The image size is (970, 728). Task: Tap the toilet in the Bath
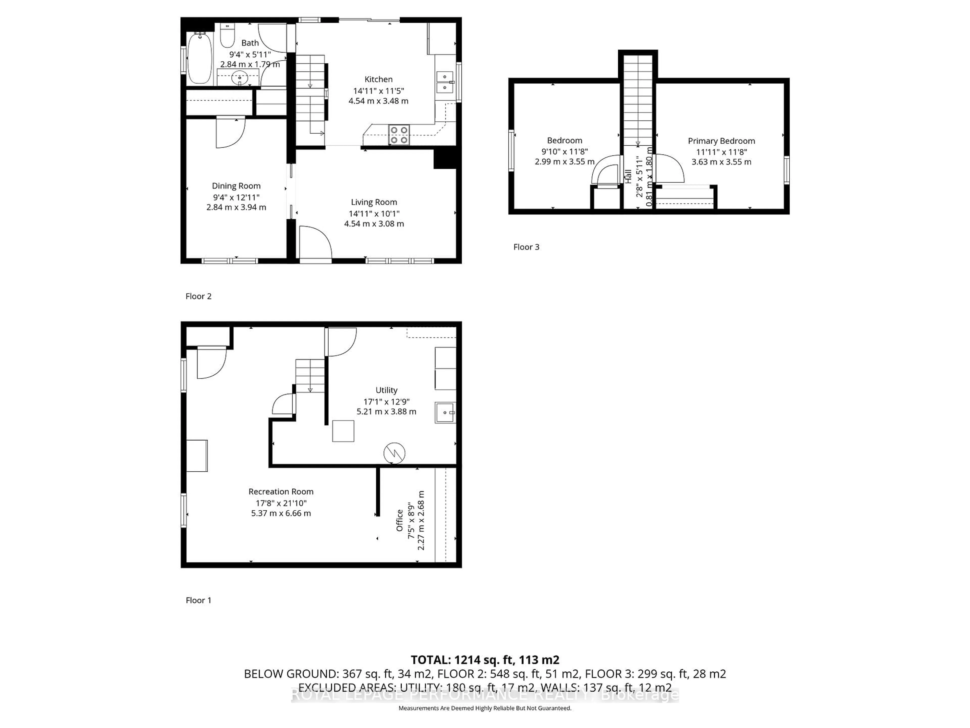(x=227, y=36)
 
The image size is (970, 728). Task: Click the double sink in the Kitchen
(x=445, y=82)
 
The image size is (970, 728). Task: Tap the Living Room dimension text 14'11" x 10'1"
(x=374, y=214)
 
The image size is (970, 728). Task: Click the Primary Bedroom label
(x=721, y=141)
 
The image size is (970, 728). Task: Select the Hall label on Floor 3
(x=628, y=176)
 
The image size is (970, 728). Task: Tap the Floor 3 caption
(x=526, y=247)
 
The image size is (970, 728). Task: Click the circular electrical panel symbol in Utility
(x=394, y=453)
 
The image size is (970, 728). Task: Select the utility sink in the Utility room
(x=445, y=413)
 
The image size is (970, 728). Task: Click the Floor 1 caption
(x=198, y=600)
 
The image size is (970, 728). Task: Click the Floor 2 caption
(x=198, y=296)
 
